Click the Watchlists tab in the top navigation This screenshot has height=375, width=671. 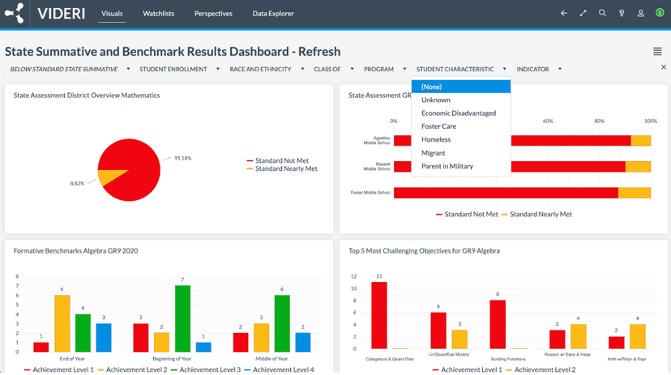pos(158,14)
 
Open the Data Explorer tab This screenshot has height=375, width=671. pos(273,14)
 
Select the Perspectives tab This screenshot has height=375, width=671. pos(213,14)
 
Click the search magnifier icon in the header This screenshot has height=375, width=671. pos(602,14)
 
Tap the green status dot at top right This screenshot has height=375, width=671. pos(660,14)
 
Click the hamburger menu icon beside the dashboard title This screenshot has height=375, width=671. pos(657,52)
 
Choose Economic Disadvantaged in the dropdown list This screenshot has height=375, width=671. pos(459,113)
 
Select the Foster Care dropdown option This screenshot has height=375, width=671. pos(438,126)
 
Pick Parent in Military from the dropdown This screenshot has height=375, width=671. pos(447,166)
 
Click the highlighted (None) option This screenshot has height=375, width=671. pos(432,87)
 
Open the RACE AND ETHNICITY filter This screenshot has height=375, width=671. pos(260,69)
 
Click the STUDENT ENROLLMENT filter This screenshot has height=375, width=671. pos(173,69)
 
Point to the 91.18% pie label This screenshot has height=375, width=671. pos(183,158)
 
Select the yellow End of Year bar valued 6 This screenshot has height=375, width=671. pos(62,323)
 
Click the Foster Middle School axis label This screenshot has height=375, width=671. pos(370,193)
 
